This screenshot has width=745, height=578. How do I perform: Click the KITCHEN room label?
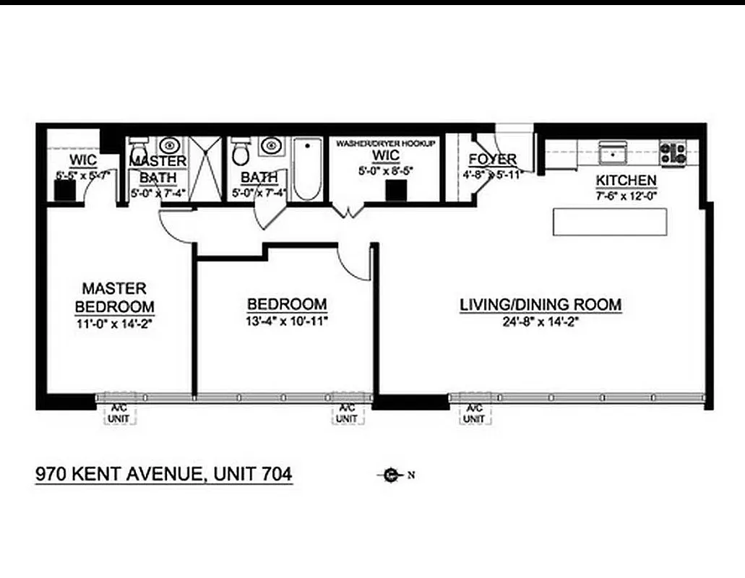click(626, 180)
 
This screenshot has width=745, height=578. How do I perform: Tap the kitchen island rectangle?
click(610, 222)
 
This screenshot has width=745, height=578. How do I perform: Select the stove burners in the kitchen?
click(673, 152)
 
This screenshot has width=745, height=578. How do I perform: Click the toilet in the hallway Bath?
click(241, 152)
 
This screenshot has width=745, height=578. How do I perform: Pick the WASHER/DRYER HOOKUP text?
click(386, 144)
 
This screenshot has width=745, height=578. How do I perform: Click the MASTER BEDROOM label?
click(114, 297)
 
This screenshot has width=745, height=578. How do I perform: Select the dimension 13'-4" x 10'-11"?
click(287, 321)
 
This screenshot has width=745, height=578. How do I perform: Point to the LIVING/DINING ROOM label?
click(541, 305)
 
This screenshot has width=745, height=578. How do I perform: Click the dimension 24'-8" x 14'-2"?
click(541, 322)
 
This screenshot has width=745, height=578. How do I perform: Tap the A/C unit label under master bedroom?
click(114, 413)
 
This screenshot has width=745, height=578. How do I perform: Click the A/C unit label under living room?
click(474, 413)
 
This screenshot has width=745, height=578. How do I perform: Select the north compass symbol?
click(391, 475)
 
